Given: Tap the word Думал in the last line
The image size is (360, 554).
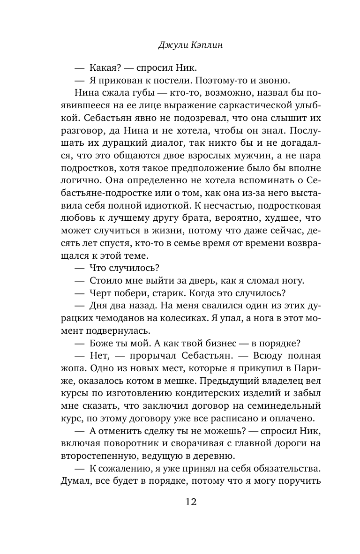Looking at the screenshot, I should pos(76,481).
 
